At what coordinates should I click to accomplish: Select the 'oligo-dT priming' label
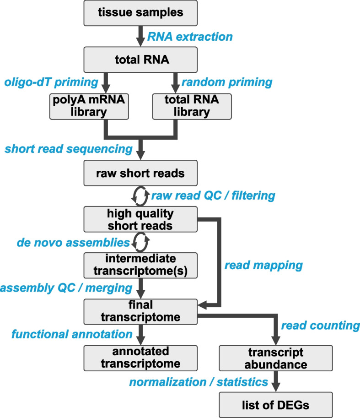tap(51, 82)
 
